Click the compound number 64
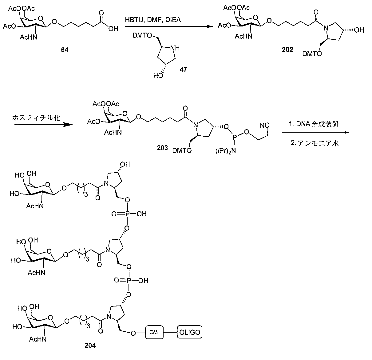(x=65, y=50)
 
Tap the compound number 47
(x=183, y=69)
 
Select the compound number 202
(x=287, y=50)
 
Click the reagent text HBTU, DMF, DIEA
(x=153, y=20)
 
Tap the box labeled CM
(x=154, y=332)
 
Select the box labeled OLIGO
(x=189, y=332)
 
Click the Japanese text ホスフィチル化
(x=36, y=118)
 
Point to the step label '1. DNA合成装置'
(x=314, y=124)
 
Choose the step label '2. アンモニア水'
(x=315, y=143)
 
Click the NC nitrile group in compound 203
(x=265, y=125)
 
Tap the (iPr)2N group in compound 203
(x=226, y=151)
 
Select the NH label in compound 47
(x=175, y=48)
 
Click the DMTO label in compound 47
(x=142, y=35)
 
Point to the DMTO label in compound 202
(x=312, y=54)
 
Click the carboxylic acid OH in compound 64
(x=113, y=29)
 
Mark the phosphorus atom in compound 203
(x=235, y=137)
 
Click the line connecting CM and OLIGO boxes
(x=170, y=332)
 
